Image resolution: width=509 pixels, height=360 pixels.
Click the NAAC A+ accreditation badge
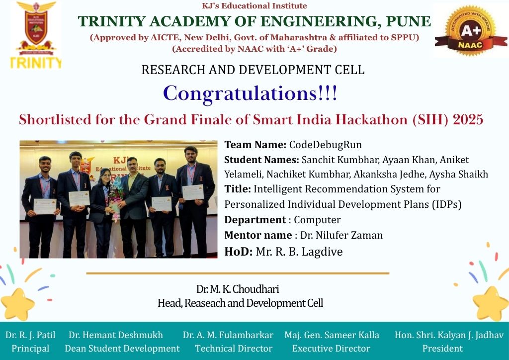click(470, 30)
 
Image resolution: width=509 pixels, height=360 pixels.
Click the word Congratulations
click(240, 93)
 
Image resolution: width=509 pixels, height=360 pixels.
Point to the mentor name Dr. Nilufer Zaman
click(341, 235)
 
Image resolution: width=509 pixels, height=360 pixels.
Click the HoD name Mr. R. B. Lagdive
click(299, 252)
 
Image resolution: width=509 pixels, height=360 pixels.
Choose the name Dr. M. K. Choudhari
click(238, 289)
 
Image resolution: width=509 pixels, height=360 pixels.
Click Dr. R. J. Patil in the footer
click(30, 335)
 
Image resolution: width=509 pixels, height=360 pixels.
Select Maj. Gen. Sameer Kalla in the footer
click(332, 335)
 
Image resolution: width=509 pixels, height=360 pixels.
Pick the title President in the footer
click(442, 348)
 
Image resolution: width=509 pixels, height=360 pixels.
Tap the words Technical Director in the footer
click(234, 348)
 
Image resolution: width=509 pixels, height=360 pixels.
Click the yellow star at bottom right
click(491, 303)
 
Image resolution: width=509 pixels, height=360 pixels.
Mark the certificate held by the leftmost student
click(45, 206)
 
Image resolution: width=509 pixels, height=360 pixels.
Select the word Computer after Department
click(317, 220)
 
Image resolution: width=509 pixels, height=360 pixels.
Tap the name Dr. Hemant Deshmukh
click(115, 335)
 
